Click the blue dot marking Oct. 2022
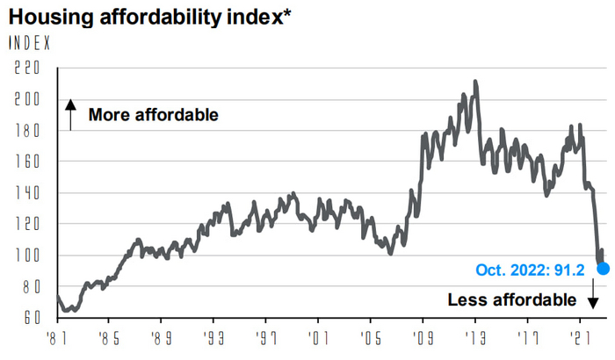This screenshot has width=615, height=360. pos(604,267)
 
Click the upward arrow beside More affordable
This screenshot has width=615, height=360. pos(70,115)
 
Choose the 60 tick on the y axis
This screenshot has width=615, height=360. pos(32,318)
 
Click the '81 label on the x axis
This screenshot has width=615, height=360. pos(57,336)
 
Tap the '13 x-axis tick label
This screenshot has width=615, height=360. pos(476,336)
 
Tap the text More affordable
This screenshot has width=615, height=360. pos(153,115)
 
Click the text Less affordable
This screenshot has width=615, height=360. pos(511,299)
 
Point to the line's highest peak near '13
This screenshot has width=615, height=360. pos(475,82)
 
